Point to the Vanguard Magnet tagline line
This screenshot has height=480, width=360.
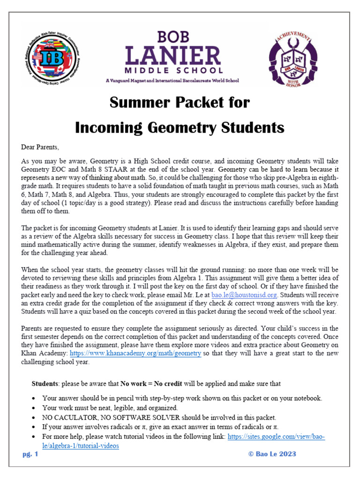click(172, 81)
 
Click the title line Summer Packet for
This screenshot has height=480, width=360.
click(180, 103)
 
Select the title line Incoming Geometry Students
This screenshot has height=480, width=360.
click(180, 127)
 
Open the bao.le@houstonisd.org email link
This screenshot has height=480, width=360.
click(244, 295)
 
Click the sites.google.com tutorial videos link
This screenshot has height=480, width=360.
click(276, 436)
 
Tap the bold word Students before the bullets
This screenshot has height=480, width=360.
click(45, 383)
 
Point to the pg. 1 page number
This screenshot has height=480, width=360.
click(30, 454)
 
